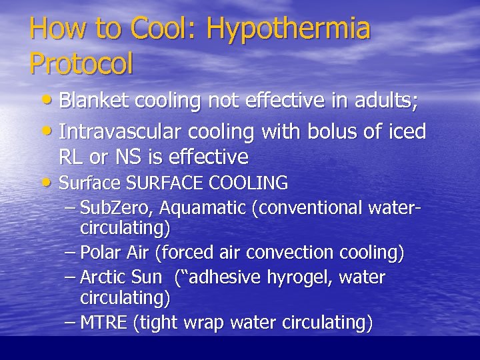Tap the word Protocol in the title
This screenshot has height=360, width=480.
click(x=81, y=63)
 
